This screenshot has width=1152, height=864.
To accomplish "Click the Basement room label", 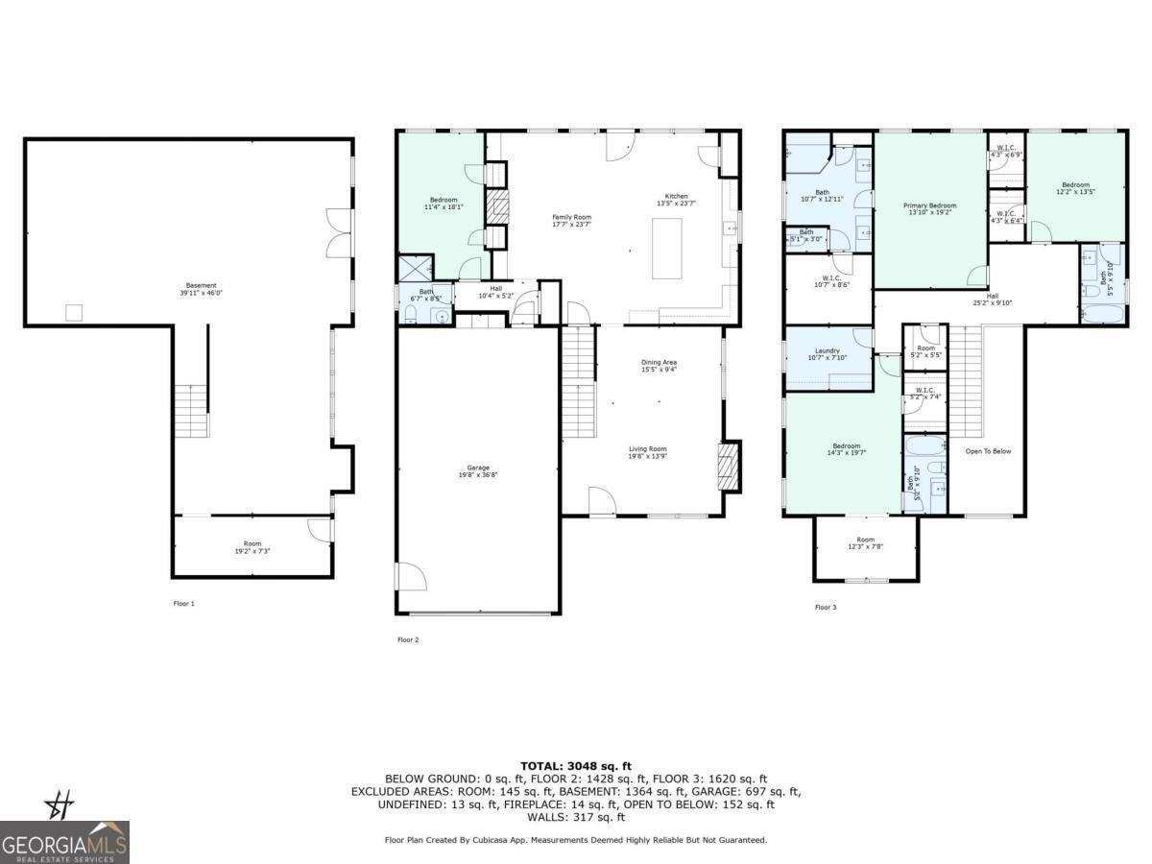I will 202,288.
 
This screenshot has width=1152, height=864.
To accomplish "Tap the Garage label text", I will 478,470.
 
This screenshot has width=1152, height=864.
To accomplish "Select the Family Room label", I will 571,221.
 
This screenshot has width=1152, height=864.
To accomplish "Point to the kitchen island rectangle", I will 667,248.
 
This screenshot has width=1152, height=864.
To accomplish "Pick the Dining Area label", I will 659,366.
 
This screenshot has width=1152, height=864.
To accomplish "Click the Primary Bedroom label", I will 929,208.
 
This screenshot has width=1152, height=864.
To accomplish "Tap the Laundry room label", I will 828,354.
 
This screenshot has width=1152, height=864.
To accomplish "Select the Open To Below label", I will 988,451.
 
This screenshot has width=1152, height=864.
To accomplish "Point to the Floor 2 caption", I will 408,639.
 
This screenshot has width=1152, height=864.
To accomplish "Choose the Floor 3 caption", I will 827,608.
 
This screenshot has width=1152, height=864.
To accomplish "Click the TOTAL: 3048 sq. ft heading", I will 576,765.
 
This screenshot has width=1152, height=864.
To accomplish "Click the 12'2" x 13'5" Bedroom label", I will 1075,188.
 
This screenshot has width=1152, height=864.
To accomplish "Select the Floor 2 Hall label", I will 496,292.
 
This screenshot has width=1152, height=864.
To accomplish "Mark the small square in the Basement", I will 73,312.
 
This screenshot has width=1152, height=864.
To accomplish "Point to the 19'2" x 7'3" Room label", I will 252,547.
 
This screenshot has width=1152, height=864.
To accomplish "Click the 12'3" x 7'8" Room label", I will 865,543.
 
